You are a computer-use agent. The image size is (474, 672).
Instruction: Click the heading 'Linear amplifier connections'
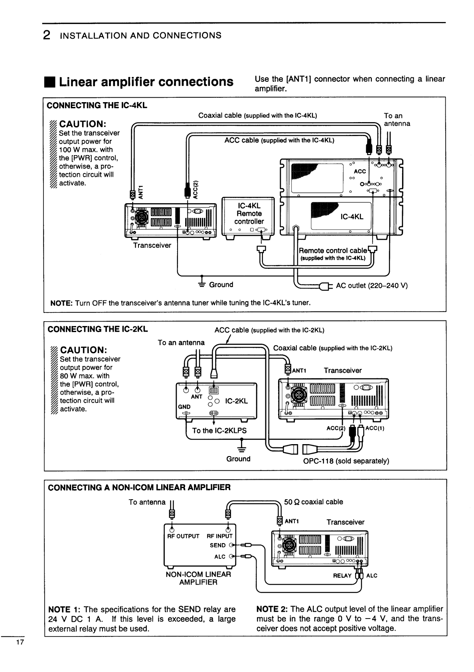point(146,82)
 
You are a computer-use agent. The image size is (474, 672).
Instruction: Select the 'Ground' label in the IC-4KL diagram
point(221,285)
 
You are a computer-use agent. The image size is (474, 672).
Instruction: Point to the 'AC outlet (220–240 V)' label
point(371,286)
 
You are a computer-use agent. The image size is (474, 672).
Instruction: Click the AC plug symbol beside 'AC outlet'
point(325,286)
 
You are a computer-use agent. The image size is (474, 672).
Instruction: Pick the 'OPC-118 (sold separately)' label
point(346,461)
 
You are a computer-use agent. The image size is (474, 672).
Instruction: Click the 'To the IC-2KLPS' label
point(219,431)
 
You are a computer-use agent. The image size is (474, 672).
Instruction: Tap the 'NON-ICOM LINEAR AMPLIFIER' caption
point(198,578)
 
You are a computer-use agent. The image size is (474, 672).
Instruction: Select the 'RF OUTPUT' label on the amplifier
point(183,536)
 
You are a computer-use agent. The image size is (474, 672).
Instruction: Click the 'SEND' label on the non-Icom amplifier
point(217,546)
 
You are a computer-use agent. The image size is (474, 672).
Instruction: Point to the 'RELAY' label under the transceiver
point(342,575)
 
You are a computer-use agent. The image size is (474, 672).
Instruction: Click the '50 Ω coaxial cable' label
point(313,502)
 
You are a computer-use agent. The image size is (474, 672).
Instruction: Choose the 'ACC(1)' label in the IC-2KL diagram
point(375,429)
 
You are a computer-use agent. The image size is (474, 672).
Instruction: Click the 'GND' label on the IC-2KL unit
point(184,407)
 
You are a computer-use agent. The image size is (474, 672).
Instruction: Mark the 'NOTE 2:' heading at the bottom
point(272,609)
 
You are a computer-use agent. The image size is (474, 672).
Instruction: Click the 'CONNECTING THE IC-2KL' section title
point(97,329)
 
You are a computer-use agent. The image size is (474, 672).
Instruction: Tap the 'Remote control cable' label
point(333,251)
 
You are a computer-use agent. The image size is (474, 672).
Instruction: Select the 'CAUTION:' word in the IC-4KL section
point(82,124)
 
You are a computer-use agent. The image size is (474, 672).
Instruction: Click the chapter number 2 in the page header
point(47,36)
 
